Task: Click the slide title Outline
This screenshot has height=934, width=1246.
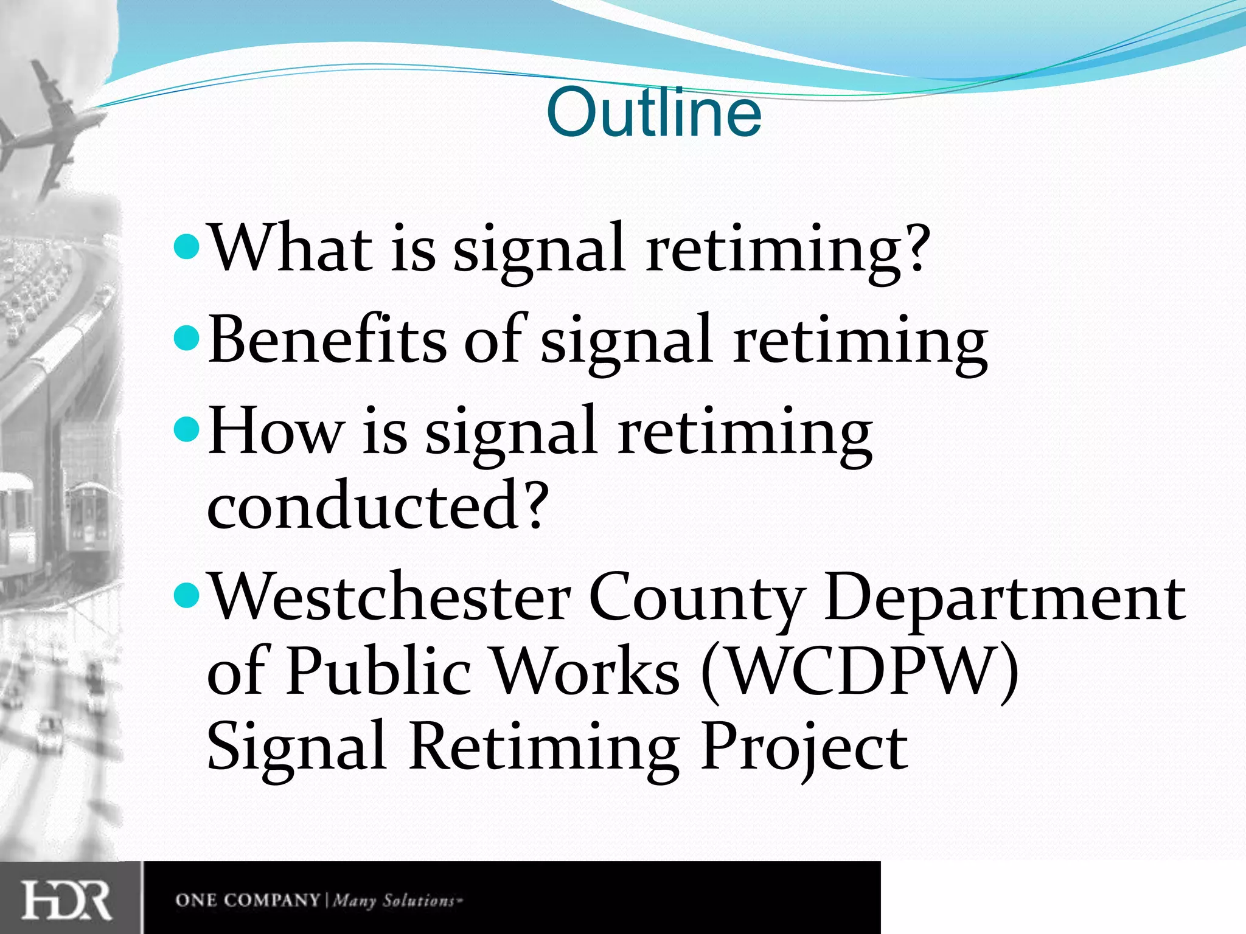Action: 653,113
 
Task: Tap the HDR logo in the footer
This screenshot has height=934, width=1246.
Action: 67,900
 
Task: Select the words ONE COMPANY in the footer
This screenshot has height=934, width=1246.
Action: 247,900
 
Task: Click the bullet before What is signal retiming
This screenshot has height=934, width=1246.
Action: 186,246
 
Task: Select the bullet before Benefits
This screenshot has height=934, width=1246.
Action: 186,338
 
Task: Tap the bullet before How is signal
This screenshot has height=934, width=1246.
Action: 186,431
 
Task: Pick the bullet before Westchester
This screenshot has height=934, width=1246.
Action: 186,597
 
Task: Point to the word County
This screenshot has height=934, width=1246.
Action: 697,599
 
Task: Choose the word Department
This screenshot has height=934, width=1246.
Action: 1004,599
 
